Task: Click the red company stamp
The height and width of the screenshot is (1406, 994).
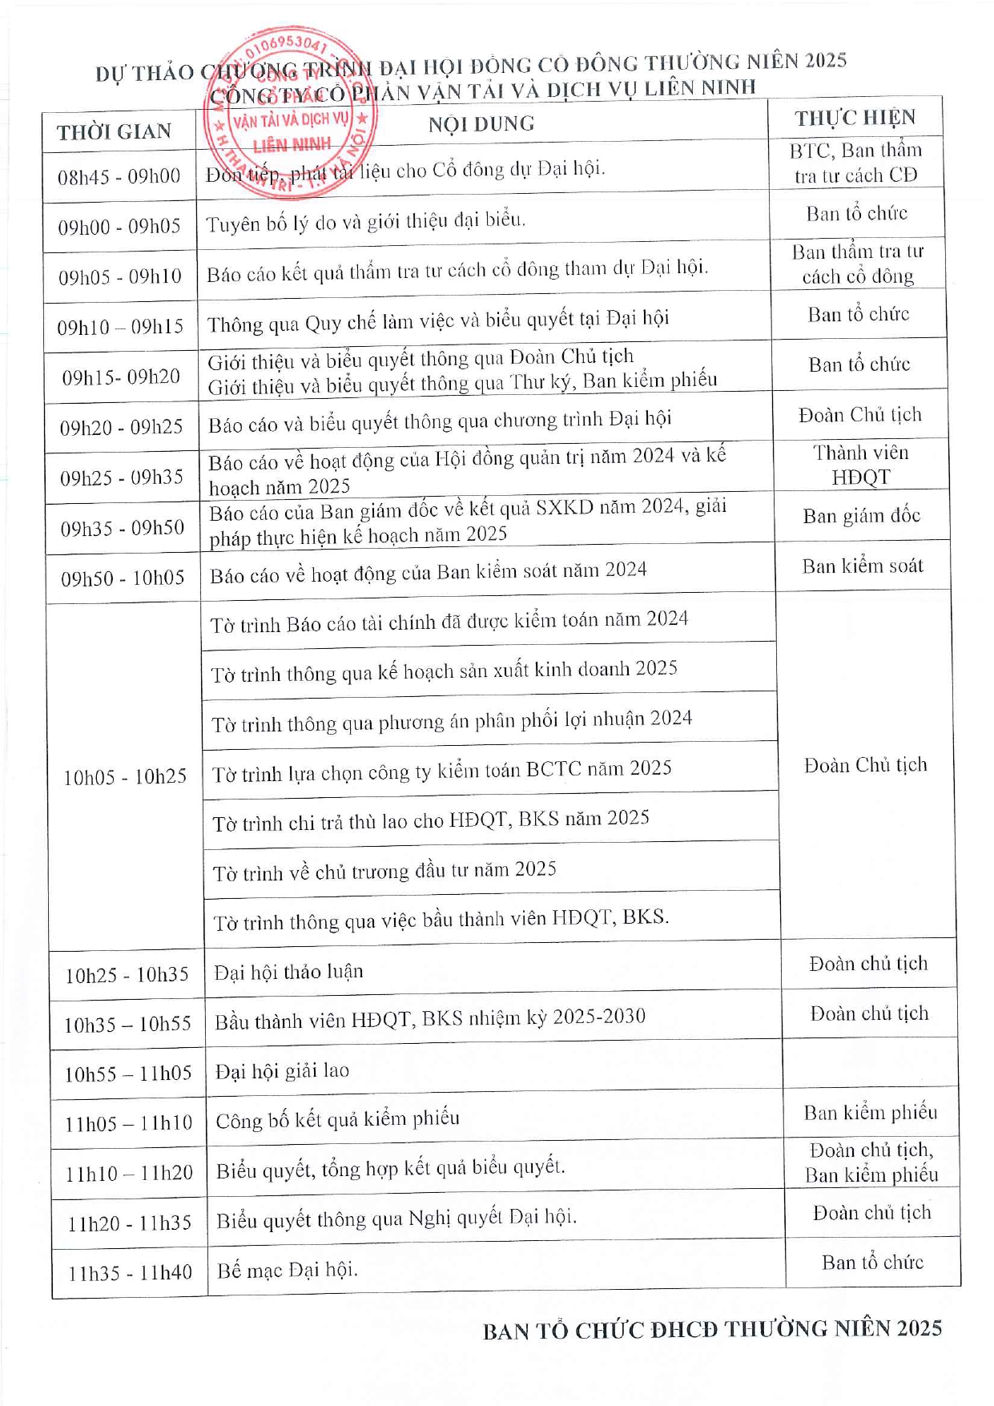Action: pyautogui.click(x=290, y=112)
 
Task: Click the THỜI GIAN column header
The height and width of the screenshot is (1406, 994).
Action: pyautogui.click(x=115, y=132)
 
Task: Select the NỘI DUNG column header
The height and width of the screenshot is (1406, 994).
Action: pyautogui.click(x=481, y=124)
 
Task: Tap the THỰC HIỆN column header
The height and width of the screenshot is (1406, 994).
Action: pyautogui.click(x=855, y=119)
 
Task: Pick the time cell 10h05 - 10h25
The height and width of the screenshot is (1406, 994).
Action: pyautogui.click(x=125, y=777)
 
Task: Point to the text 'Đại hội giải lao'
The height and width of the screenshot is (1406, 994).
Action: pyautogui.click(x=282, y=1071)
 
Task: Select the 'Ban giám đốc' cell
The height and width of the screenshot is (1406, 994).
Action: pyautogui.click(x=861, y=516)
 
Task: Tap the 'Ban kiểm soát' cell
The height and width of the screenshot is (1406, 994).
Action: pyautogui.click(x=863, y=566)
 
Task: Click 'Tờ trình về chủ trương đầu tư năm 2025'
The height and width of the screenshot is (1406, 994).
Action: pyautogui.click(x=384, y=872)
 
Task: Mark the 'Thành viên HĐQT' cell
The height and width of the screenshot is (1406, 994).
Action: pyautogui.click(x=861, y=465)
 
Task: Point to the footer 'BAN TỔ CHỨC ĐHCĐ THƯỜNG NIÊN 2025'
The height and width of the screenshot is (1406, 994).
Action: pyautogui.click(x=712, y=1331)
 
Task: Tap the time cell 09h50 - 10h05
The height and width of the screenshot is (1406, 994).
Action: pyautogui.click(x=123, y=578)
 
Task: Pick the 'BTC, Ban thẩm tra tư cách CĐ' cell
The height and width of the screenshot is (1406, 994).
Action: pyautogui.click(x=855, y=163)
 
